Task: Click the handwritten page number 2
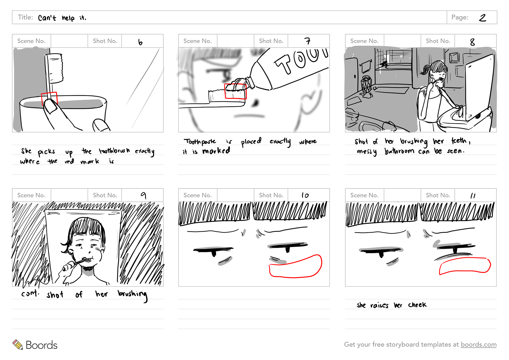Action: (x=482, y=18)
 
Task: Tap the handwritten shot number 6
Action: (x=140, y=42)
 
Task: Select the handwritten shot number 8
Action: (x=472, y=42)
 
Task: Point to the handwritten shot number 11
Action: (x=473, y=196)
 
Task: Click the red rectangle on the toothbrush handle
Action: (x=49, y=99)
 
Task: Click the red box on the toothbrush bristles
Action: (x=235, y=91)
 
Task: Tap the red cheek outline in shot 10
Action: (x=296, y=266)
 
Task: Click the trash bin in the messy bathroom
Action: (x=366, y=85)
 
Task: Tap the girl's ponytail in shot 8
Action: (x=425, y=70)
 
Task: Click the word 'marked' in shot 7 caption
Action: (x=216, y=151)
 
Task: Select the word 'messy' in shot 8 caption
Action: (x=367, y=152)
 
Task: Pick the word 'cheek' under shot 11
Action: (x=417, y=305)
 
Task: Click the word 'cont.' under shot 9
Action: (x=30, y=293)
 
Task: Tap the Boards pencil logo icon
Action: (x=18, y=344)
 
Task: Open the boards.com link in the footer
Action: (x=479, y=344)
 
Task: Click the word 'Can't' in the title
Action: (x=47, y=18)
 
